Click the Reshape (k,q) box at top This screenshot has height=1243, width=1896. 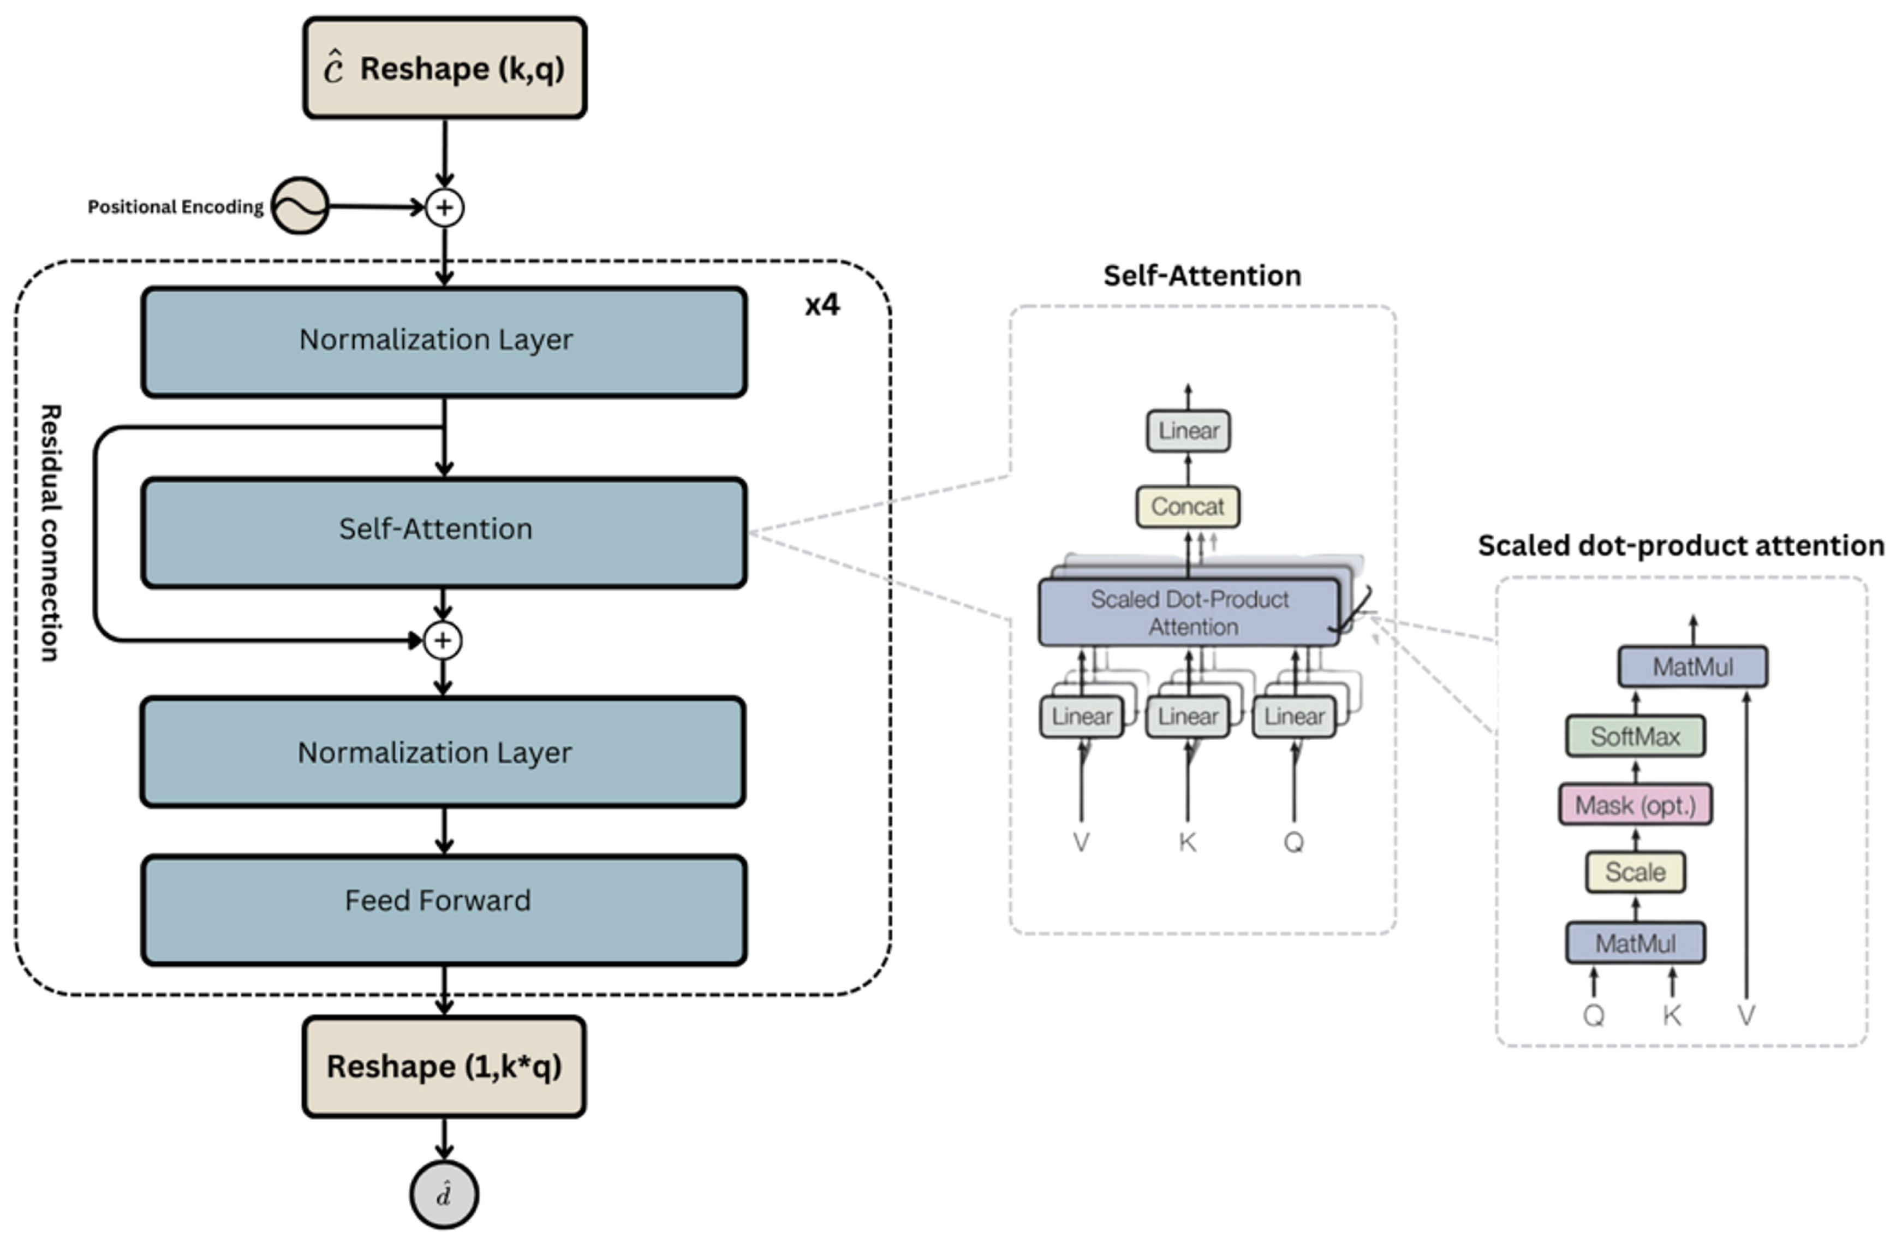(444, 69)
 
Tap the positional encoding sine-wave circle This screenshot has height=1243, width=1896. (300, 206)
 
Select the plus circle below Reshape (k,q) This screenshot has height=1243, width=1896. (444, 208)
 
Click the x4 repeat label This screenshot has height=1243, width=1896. (821, 305)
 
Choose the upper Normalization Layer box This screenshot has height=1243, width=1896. (444, 342)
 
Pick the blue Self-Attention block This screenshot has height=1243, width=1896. (444, 532)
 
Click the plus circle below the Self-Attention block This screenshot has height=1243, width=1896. (443, 641)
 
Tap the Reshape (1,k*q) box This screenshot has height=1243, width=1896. (444, 1066)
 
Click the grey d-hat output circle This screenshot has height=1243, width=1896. (444, 1194)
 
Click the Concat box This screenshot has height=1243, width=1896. (1187, 507)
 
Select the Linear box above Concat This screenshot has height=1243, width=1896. (1188, 431)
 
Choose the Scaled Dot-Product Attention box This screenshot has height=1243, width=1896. (1189, 612)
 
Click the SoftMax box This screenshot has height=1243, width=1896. (1635, 736)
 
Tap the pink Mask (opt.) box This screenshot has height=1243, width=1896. (1635, 805)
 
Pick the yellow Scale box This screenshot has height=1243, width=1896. (1635, 872)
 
